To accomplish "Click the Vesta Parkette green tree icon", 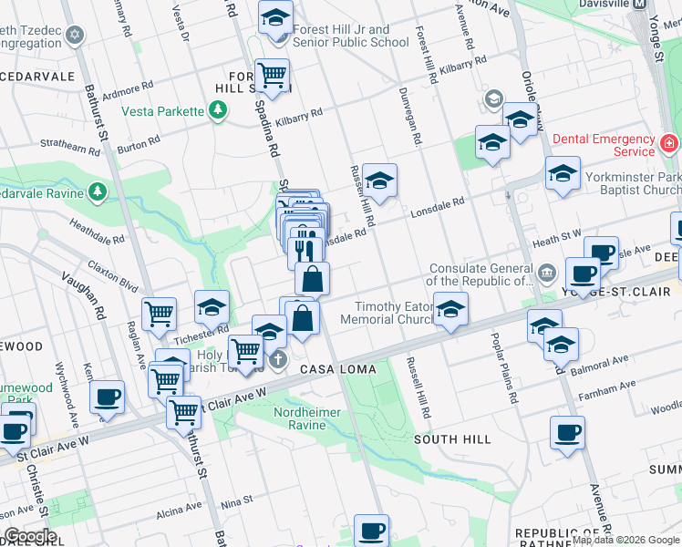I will tap(217, 111).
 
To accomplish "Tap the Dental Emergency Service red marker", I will tap(668, 144).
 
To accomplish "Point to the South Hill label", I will tap(452, 439).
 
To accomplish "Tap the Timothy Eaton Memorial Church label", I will tap(391, 314).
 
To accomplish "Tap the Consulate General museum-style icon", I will tap(546, 270).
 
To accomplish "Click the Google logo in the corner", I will tap(29, 536).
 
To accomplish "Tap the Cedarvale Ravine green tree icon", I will tap(98, 191).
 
